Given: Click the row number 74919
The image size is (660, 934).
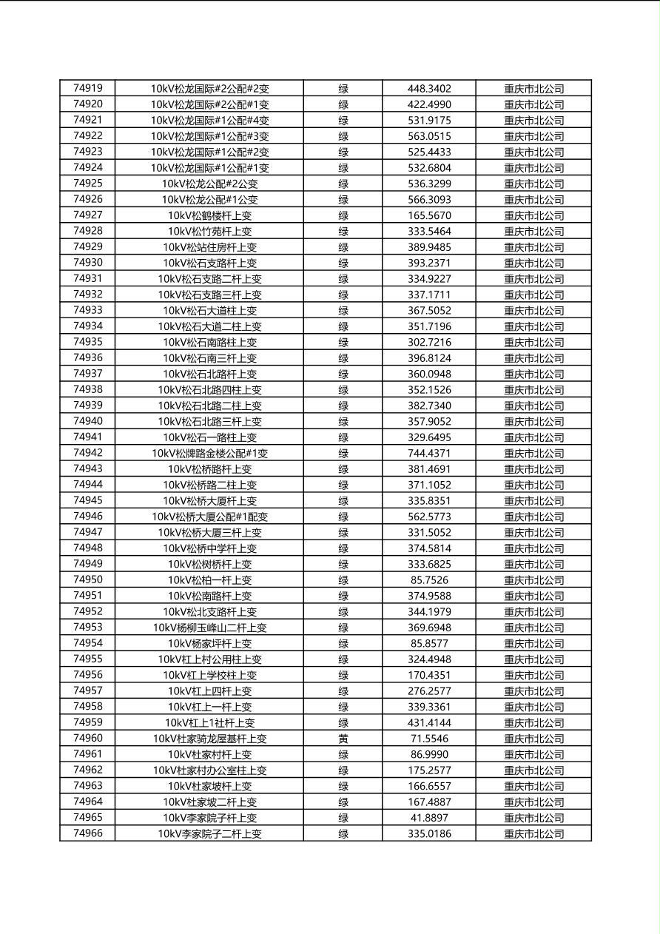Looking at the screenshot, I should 88,88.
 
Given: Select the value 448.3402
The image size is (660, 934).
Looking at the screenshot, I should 429,89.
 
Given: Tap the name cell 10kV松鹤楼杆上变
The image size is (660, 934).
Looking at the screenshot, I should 209,215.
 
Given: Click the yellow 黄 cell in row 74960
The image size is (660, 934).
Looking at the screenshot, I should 343,739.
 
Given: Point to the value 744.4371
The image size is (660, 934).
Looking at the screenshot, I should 429,453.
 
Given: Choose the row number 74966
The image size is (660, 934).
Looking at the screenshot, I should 88,833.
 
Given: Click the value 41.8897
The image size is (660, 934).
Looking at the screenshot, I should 429,818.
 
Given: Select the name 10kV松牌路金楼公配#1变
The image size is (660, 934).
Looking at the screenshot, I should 209,453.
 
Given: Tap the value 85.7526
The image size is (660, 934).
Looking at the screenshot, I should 429,580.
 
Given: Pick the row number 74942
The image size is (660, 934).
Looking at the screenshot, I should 88,453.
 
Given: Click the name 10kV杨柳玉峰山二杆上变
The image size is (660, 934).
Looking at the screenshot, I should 209,628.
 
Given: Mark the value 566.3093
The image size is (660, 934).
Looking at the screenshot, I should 429,200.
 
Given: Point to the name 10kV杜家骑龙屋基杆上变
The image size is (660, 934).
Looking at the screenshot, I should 209,739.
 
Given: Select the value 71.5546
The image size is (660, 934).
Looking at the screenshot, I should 429,739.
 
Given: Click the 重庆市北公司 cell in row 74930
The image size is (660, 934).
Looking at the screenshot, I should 533,263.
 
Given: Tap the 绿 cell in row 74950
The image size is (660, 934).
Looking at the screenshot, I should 343,580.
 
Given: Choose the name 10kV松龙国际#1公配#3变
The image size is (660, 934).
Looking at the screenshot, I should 209,136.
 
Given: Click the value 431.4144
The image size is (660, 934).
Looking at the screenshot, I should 429,722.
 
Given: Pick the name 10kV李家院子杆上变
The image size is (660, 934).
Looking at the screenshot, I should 209,818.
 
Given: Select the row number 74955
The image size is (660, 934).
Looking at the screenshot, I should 88,659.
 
